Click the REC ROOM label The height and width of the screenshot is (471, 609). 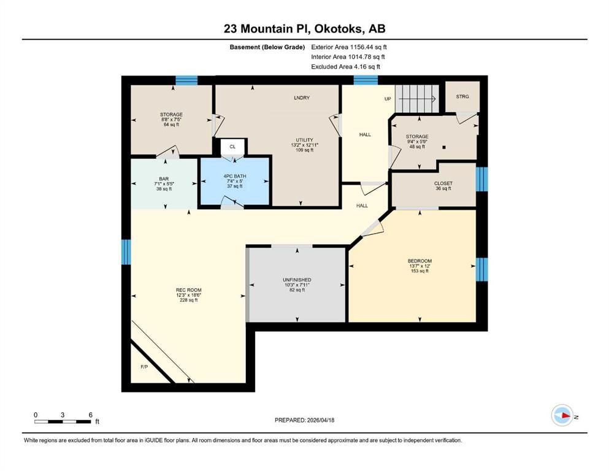pyautogui.click(x=189, y=290)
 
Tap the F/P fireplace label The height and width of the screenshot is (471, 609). pyautogui.click(x=144, y=367)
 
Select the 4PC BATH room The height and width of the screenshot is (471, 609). pyautogui.click(x=235, y=181)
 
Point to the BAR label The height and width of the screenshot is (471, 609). pyautogui.click(x=164, y=179)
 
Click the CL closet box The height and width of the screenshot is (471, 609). pyautogui.click(x=232, y=147)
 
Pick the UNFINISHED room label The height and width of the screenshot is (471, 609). pyautogui.click(x=297, y=280)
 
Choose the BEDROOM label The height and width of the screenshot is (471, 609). pyautogui.click(x=420, y=261)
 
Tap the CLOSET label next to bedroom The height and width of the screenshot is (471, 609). pyautogui.click(x=443, y=183)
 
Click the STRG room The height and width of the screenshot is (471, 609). pyautogui.click(x=462, y=97)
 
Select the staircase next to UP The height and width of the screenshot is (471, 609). pyautogui.click(x=417, y=99)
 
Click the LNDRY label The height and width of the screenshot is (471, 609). pyautogui.click(x=302, y=98)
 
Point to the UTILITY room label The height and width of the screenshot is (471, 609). pyautogui.click(x=304, y=140)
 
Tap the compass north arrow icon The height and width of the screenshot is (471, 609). pyautogui.click(x=562, y=415)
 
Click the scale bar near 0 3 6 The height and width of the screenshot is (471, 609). pyautogui.click(x=63, y=421)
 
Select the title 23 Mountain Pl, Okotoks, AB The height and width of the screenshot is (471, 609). pyautogui.click(x=304, y=29)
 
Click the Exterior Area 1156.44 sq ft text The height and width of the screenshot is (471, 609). pyautogui.click(x=349, y=47)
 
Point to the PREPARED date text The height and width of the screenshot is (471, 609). pyautogui.click(x=304, y=420)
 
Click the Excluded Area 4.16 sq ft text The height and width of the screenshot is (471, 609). pyautogui.click(x=346, y=66)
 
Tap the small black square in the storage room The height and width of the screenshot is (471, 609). pyautogui.click(x=444, y=148)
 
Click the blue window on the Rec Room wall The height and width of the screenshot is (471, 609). pyautogui.click(x=126, y=252)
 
